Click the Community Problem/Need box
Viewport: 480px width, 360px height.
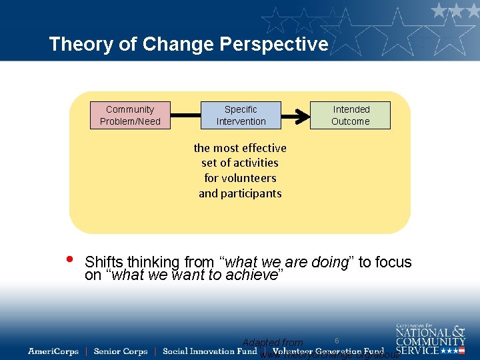click(130, 115)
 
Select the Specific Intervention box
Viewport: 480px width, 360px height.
click(241, 115)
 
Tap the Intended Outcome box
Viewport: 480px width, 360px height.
click(350, 115)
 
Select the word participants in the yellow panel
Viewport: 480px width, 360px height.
click(240, 193)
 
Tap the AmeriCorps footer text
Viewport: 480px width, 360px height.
click(53, 351)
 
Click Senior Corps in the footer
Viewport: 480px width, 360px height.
click(121, 351)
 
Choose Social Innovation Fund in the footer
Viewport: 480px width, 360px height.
click(209, 351)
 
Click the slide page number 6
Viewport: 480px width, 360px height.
click(337, 341)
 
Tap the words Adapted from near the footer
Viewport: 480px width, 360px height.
click(272, 343)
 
